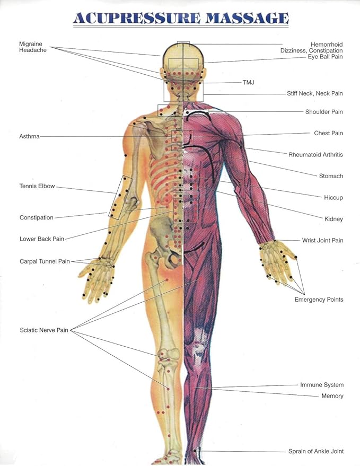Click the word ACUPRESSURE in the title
(137, 18)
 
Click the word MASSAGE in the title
(247, 18)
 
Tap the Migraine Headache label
(33, 47)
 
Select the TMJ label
(249, 82)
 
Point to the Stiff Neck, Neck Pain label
(315, 93)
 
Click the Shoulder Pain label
(324, 112)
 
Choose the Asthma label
(30, 136)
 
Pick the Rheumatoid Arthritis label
(315, 155)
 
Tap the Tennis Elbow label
(37, 186)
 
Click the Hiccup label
(333, 198)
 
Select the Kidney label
(333, 219)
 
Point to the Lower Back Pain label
(42, 239)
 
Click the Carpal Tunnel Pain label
(45, 261)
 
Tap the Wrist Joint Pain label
(322, 241)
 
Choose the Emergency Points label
(319, 300)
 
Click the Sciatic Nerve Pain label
(44, 330)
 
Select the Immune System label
(322, 385)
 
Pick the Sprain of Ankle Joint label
(316, 452)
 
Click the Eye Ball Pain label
(325, 57)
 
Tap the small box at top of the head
(183, 45)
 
